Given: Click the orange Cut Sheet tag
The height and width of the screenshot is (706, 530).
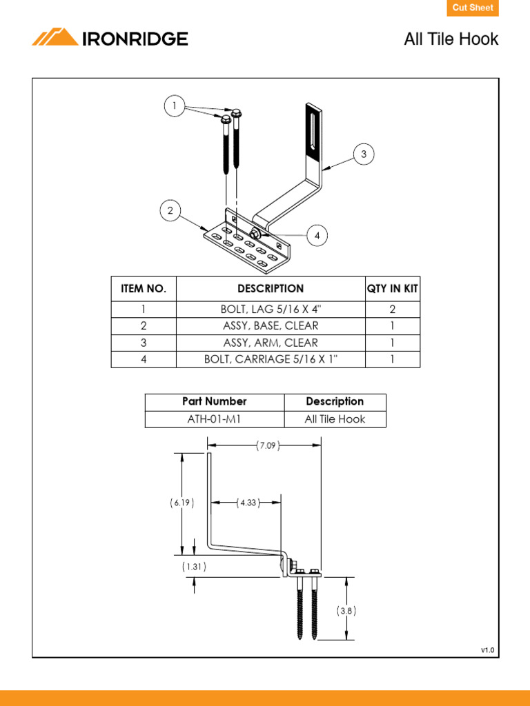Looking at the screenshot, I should [473, 8].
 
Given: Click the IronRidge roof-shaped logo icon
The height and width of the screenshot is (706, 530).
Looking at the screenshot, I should [55, 38].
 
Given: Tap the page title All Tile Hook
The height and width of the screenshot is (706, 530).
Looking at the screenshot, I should [451, 39].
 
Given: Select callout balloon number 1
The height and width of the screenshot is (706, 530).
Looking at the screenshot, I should [175, 106].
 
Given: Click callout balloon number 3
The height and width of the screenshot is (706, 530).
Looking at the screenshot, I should [364, 154].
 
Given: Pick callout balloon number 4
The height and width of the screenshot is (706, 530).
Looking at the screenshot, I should [317, 236].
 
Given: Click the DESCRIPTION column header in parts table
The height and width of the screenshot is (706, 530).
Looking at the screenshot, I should [271, 289].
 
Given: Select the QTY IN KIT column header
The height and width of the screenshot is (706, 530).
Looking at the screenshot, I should [392, 289].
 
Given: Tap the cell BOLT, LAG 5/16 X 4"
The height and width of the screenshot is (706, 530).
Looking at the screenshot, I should [271, 310].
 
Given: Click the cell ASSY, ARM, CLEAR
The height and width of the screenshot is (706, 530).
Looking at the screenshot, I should [271, 343].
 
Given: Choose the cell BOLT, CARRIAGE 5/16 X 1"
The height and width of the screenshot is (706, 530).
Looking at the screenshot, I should [271, 359].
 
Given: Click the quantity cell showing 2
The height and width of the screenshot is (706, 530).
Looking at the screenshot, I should [392, 310].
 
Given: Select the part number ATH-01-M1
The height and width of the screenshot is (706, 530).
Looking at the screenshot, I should [214, 419].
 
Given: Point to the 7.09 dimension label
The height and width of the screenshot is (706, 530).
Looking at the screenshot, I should [267, 446].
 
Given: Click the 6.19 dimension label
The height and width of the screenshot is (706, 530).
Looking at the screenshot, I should [181, 503].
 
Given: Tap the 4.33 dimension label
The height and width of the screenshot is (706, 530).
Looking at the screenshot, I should [247, 503].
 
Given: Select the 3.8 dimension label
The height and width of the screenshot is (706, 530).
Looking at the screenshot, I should [346, 610].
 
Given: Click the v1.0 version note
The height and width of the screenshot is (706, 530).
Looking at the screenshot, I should [488, 650].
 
